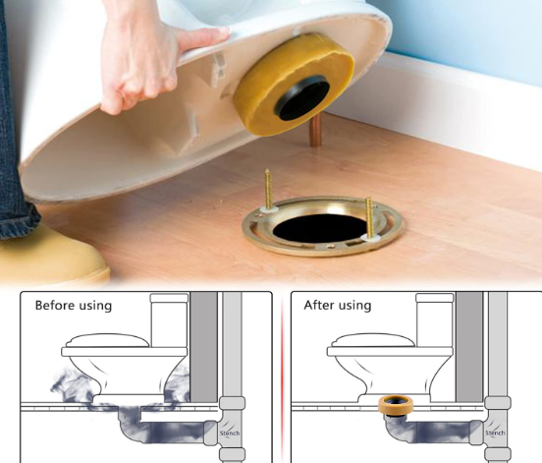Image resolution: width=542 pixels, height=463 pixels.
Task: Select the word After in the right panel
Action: click(322, 306)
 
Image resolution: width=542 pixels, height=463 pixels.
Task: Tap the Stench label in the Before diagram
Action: click(231, 432)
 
